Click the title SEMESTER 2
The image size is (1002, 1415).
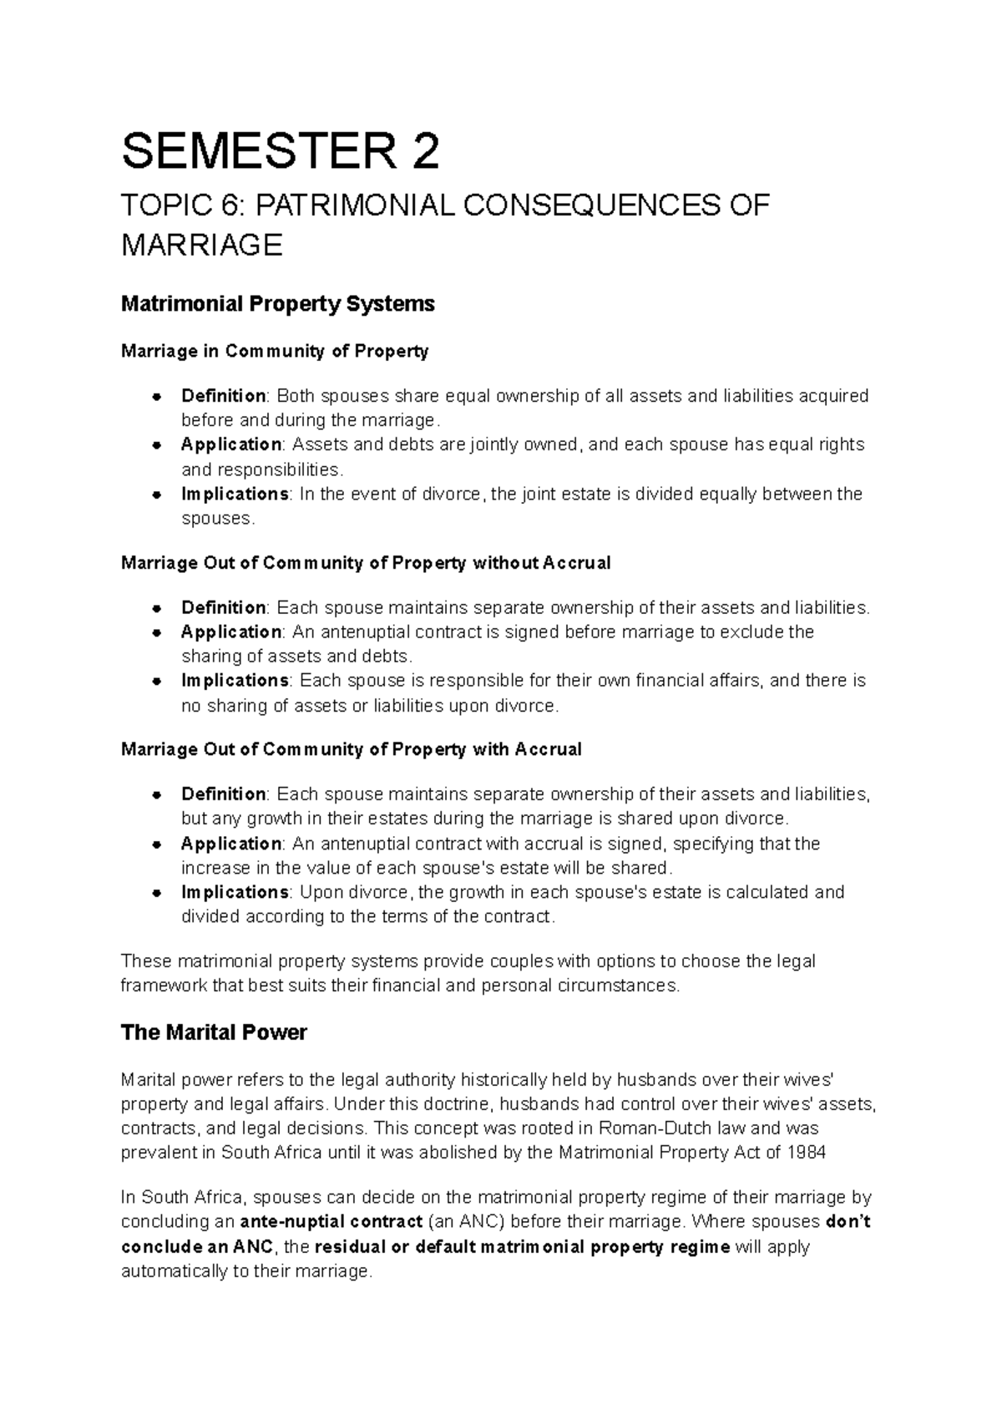click(x=280, y=152)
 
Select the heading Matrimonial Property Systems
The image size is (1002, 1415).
click(x=277, y=303)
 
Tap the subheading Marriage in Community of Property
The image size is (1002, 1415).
click(x=274, y=351)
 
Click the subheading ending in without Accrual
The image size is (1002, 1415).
click(x=366, y=563)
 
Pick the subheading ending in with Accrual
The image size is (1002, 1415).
click(x=351, y=749)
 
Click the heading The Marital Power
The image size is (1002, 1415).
click(x=214, y=1032)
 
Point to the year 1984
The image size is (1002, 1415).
click(x=806, y=1153)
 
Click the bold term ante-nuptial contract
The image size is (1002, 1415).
click(x=331, y=1221)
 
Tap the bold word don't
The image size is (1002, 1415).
click(x=848, y=1221)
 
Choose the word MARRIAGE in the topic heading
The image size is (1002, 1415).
click(x=202, y=246)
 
